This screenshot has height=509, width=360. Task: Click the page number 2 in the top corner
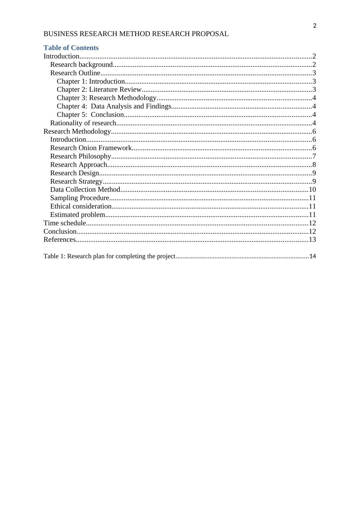click(315, 26)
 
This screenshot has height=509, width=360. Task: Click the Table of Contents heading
click(71, 48)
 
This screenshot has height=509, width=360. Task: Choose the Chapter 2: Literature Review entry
click(99, 89)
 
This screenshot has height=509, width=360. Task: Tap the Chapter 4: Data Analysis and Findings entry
click(114, 106)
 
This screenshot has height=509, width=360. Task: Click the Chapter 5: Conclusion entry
click(90, 115)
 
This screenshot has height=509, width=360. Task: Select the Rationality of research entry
click(83, 123)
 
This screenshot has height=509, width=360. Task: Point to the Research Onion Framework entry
click(91, 148)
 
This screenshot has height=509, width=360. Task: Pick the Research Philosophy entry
click(81, 156)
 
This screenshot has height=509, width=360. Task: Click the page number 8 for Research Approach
click(314, 165)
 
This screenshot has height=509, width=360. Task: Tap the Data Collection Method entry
click(85, 190)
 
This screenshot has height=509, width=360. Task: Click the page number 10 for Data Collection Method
click(312, 190)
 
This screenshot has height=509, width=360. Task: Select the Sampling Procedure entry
click(80, 198)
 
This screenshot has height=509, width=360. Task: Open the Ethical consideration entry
click(81, 206)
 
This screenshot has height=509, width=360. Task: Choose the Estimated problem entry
click(78, 215)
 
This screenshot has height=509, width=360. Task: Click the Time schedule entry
click(65, 223)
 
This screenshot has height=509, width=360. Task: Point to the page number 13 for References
click(312, 240)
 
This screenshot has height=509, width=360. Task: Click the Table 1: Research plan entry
click(109, 256)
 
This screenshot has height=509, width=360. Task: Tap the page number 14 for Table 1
click(312, 256)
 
